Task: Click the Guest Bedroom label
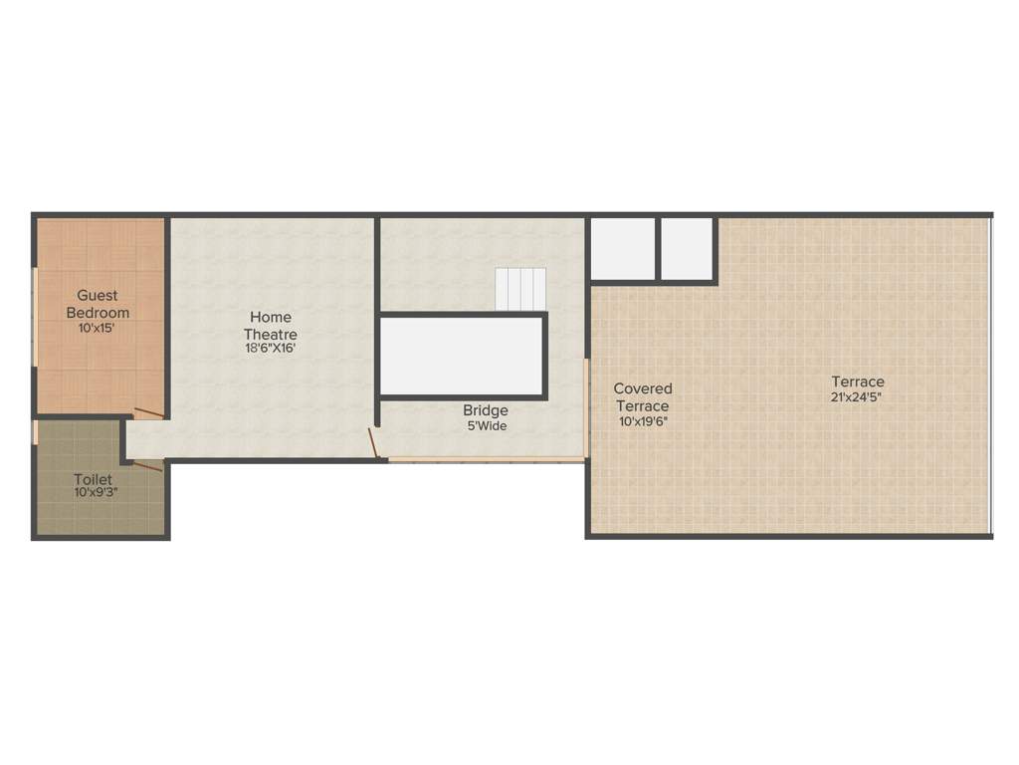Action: tap(98, 303)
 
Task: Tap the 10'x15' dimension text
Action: tap(98, 327)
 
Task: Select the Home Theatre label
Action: tap(271, 326)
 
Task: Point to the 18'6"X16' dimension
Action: tap(271, 349)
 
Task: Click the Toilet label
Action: tap(93, 479)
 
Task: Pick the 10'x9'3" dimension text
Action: tap(96, 492)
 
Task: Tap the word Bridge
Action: tap(486, 410)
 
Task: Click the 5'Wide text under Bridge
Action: tap(486, 426)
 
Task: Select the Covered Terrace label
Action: tap(643, 396)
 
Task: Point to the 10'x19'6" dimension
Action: tap(643, 421)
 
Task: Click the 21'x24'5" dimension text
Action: tap(858, 396)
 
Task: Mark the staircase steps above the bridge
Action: tap(521, 289)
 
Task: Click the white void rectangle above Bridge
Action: tap(462, 356)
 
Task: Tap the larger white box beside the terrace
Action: tap(623, 249)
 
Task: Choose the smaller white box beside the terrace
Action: tap(688, 249)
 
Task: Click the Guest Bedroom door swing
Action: tap(149, 412)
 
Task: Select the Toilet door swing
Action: tap(147, 464)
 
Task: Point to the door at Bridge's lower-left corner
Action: tap(374, 443)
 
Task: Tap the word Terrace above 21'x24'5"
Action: tap(858, 382)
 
